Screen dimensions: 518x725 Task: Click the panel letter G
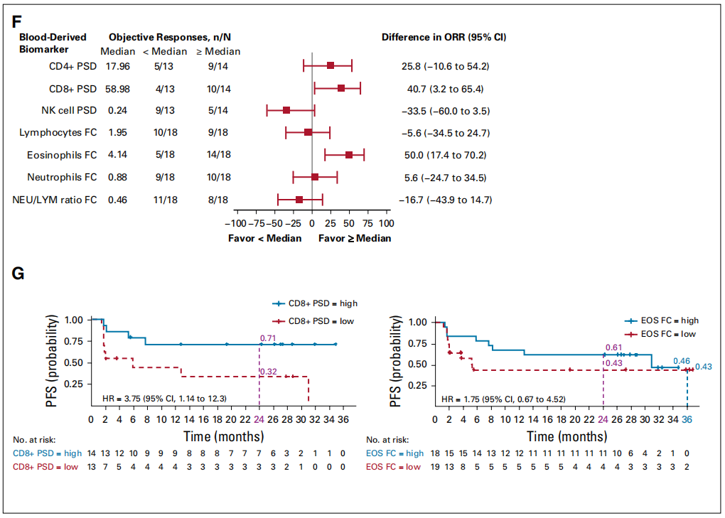[x=18, y=274]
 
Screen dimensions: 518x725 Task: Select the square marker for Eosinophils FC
[x=349, y=155]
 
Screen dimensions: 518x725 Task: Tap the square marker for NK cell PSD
[x=286, y=110]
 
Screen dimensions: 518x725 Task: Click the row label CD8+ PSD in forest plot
[x=68, y=89]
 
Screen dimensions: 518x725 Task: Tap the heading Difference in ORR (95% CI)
[x=444, y=37]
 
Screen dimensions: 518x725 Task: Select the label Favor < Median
[x=264, y=238]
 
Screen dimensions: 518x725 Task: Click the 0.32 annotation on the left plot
[x=269, y=371]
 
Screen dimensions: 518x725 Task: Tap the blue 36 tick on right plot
[x=687, y=420]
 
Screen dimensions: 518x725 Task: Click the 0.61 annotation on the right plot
[x=613, y=347]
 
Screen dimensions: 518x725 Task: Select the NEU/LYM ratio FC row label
[x=55, y=200]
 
